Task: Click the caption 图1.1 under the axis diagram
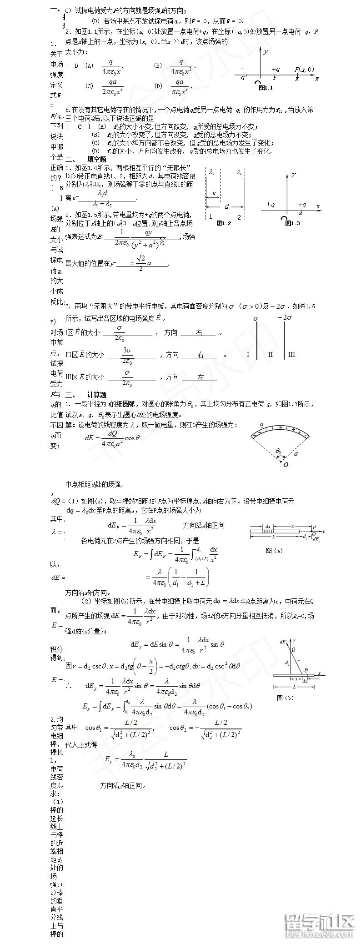click(265, 88)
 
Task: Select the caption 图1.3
click(292, 223)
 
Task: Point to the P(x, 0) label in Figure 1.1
click(304, 69)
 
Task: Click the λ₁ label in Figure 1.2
click(212, 172)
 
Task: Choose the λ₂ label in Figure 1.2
click(240, 172)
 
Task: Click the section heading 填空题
click(96, 159)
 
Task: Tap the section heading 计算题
click(96, 395)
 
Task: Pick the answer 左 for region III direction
click(201, 377)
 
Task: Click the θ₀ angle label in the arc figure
click(279, 451)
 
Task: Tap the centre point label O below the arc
click(286, 465)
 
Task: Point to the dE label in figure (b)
click(283, 642)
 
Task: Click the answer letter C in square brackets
click(80, 126)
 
